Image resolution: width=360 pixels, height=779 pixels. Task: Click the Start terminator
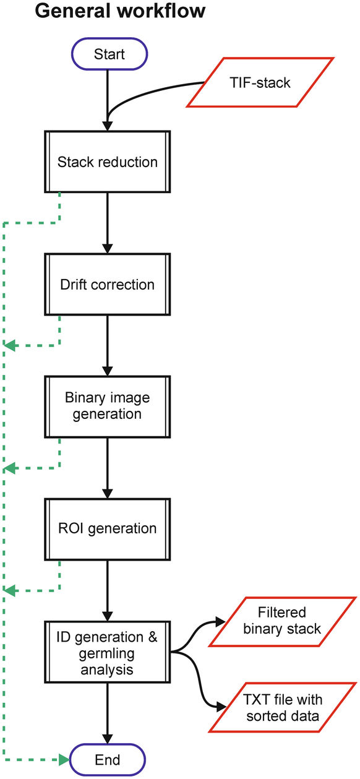(109, 54)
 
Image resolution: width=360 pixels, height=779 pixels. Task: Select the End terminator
(109, 759)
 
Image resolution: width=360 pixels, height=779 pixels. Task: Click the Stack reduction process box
(108, 162)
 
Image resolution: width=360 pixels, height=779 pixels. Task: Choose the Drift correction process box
(108, 285)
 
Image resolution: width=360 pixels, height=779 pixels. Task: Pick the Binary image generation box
(108, 406)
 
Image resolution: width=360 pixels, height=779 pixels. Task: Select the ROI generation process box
(108, 528)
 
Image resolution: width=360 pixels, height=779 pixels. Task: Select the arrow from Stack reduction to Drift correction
(108, 223)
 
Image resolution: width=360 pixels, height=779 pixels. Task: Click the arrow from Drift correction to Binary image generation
(108, 345)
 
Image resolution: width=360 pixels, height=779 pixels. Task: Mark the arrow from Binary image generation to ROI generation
(108, 468)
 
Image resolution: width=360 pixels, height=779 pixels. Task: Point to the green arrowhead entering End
(63, 759)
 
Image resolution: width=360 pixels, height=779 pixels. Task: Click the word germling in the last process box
(108, 652)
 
